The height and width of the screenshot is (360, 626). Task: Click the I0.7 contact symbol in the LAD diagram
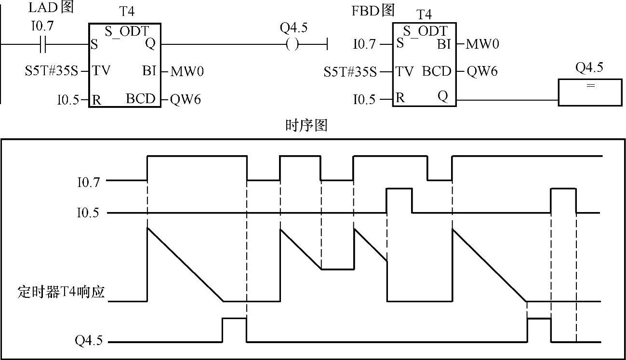43,45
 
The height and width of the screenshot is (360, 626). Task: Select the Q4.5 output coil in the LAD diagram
292,45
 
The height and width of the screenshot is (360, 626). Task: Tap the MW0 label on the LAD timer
187,72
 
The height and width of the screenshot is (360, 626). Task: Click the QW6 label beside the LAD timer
186,99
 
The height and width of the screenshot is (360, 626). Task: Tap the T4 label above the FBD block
425,14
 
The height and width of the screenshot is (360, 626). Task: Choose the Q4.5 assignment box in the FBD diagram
590,93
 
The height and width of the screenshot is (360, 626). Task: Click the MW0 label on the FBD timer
483,44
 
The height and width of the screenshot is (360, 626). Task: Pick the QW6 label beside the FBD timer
482,72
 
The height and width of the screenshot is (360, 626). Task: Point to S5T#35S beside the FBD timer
350,72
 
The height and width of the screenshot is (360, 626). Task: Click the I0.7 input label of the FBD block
364,44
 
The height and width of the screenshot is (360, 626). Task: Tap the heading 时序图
306,126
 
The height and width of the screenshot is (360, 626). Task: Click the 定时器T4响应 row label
60,293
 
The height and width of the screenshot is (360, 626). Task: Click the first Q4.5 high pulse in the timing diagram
234,319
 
